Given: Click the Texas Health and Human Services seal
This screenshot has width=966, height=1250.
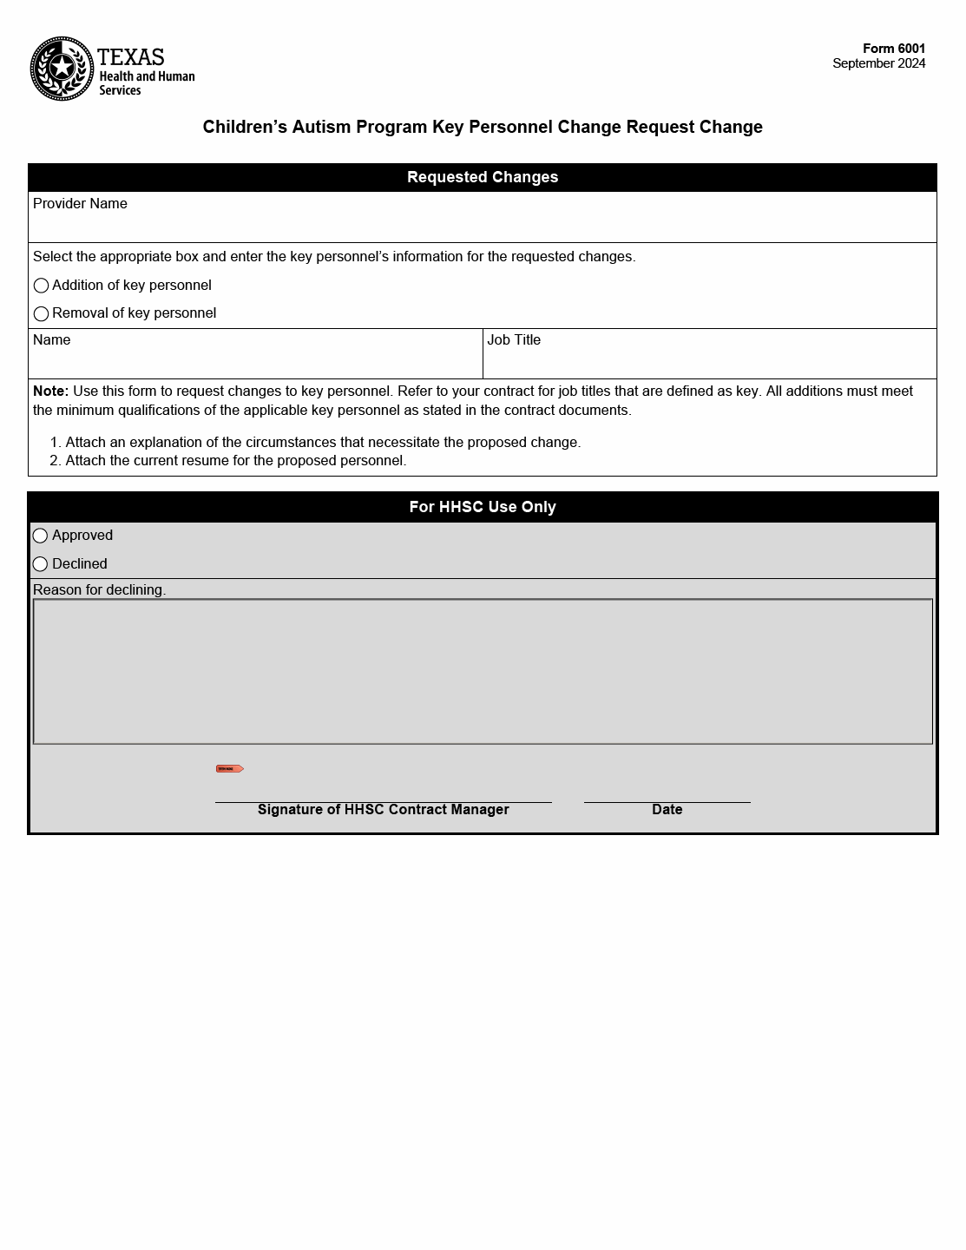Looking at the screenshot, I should point(62,69).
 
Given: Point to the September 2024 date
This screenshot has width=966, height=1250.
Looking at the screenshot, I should point(878,63).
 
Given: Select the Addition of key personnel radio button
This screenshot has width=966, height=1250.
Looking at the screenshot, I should point(41,286).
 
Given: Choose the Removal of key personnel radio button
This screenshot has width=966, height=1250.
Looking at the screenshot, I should point(41,313).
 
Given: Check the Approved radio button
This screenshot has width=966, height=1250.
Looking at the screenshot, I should point(40,536).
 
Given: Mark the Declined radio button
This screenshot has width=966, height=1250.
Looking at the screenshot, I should point(40,564).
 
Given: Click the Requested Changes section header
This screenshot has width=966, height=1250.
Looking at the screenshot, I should point(483,177).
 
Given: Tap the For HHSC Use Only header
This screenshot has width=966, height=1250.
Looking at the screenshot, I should point(483,507).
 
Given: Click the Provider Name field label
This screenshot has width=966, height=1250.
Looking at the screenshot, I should point(80,204).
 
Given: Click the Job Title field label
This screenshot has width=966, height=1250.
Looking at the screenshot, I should point(514,340).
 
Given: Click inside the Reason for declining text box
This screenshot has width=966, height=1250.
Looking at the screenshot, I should point(483,671).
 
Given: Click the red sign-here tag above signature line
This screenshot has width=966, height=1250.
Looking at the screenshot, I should point(229,769).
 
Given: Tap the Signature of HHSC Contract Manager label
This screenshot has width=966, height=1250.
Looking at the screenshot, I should point(383,810).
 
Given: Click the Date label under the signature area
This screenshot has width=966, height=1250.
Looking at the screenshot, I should point(667,810).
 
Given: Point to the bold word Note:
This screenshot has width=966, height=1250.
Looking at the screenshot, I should point(50,391).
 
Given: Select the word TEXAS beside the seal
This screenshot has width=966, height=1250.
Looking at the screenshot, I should point(131,57).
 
